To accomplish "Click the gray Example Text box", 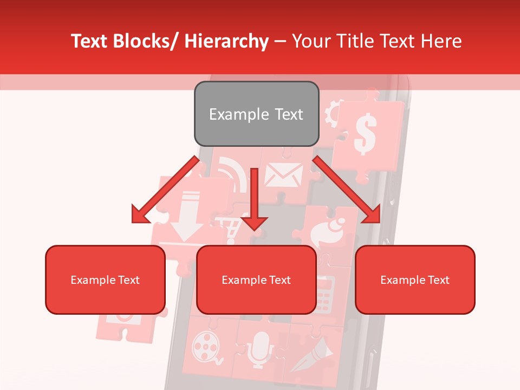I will pyautogui.click(x=256, y=114).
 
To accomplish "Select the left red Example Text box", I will pyautogui.click(x=105, y=279).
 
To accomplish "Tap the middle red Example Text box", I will pyautogui.click(x=256, y=279).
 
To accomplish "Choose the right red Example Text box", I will pyautogui.click(x=415, y=279).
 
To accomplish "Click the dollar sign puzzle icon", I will pyautogui.click(x=365, y=135).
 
